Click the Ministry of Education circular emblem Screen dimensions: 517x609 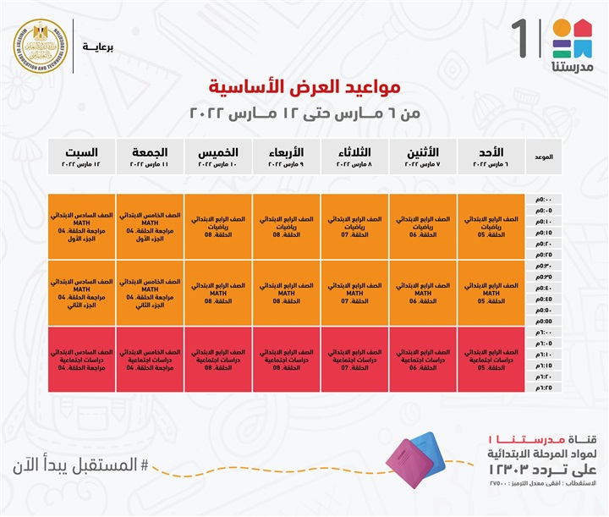click(x=41, y=45)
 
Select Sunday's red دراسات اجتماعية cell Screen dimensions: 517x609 click(x=491, y=359)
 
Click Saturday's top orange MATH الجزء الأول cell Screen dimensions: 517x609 click(x=82, y=227)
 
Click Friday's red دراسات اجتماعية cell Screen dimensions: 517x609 click(x=150, y=359)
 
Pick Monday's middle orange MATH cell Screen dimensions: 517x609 click(x=423, y=293)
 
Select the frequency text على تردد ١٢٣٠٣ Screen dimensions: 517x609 click(x=540, y=470)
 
